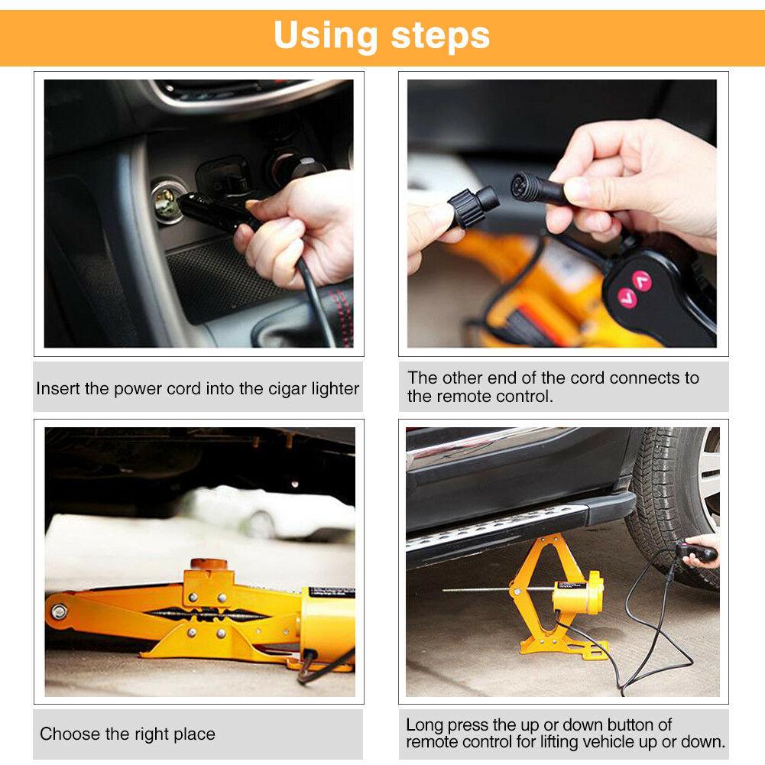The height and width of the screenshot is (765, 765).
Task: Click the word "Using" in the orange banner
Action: [326, 36]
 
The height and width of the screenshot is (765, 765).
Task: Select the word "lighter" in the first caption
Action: [335, 388]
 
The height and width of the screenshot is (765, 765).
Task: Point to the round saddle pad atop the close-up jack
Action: [209, 566]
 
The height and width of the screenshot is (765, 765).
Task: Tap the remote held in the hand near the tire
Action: [696, 552]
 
